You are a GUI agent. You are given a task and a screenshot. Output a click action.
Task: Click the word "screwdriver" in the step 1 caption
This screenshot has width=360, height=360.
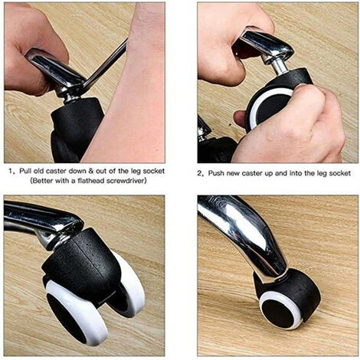click(x=126, y=181)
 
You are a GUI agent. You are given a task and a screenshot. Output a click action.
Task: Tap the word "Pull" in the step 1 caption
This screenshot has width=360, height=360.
click(x=25, y=171)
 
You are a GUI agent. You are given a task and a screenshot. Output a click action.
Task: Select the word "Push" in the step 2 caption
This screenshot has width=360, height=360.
click(x=216, y=173)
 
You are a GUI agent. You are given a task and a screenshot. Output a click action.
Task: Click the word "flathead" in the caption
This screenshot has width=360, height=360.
click(x=91, y=181)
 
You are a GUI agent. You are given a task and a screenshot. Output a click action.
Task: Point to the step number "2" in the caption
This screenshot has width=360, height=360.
click(x=200, y=174)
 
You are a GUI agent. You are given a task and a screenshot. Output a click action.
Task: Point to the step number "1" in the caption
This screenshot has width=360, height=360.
click(x=11, y=171)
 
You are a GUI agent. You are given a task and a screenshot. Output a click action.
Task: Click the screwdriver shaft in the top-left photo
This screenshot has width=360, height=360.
click(x=105, y=63)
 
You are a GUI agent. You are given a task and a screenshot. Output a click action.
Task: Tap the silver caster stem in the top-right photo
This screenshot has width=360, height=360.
click(x=279, y=66)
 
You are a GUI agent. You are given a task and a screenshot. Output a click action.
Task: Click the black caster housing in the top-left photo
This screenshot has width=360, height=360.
click(x=76, y=129)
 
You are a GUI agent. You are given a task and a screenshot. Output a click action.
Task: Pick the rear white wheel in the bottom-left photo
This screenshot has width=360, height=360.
click(x=130, y=286)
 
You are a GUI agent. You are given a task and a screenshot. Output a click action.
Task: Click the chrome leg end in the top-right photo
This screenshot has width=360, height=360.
click(x=266, y=44)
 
